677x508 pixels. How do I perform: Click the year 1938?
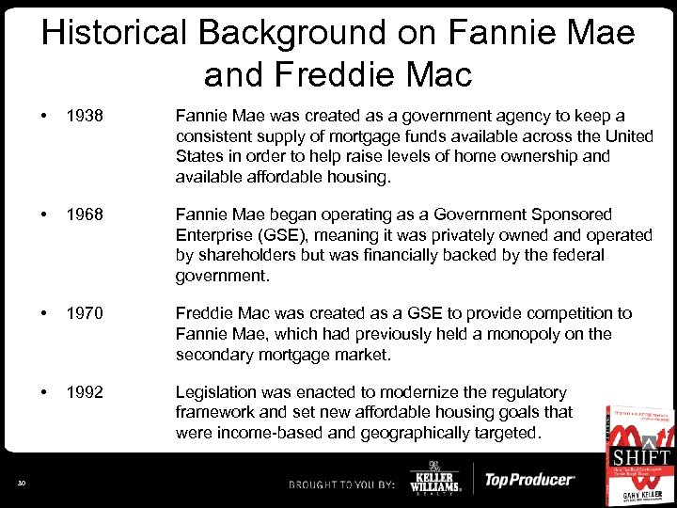[x=84, y=116]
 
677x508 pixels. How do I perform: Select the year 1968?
[x=84, y=214]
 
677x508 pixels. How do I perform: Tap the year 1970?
[x=84, y=313]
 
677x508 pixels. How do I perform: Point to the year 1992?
[x=84, y=392]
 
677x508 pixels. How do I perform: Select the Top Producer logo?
[x=528, y=481]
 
